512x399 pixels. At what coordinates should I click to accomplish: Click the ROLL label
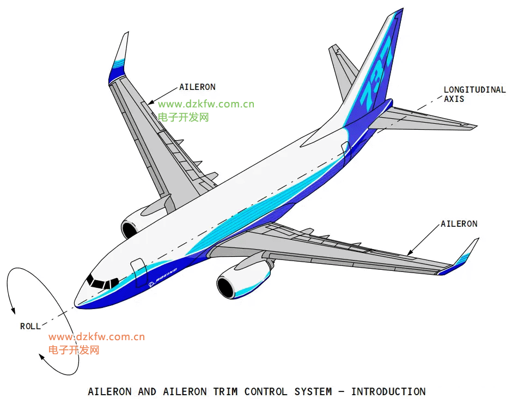(x=31, y=326)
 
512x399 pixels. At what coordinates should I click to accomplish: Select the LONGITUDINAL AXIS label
(x=474, y=94)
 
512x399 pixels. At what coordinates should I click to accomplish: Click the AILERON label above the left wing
(x=197, y=87)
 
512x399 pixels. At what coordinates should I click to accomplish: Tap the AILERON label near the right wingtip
(x=459, y=224)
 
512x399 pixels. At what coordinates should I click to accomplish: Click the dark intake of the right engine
(x=225, y=287)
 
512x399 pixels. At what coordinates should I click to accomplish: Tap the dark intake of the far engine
(x=129, y=229)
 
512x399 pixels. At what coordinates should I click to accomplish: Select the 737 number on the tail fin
(x=375, y=75)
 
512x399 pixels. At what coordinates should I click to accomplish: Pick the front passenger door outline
(x=139, y=273)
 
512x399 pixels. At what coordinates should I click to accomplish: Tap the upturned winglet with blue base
(x=118, y=58)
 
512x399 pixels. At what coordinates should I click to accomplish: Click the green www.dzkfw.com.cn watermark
(x=206, y=104)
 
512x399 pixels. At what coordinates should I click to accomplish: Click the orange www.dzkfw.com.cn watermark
(x=96, y=337)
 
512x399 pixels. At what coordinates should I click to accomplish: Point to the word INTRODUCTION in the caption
(x=388, y=391)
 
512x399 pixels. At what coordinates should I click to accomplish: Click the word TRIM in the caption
(x=225, y=391)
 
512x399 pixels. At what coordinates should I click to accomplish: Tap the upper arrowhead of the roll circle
(x=13, y=311)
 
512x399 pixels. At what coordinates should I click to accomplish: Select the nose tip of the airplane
(x=75, y=305)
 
